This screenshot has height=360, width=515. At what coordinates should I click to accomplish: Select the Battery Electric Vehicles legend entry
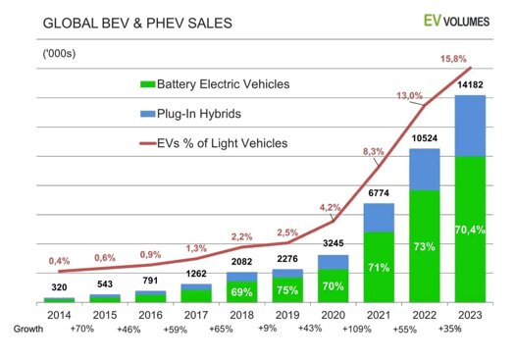[214, 84]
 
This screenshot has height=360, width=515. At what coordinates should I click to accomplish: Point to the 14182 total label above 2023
[470, 85]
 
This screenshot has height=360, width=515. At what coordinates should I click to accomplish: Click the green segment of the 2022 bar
[425, 245]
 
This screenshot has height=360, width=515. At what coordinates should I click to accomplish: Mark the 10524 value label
[425, 139]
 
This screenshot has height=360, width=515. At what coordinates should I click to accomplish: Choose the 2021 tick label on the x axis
[379, 315]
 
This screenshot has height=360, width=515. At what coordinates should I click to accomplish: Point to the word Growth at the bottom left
[26, 331]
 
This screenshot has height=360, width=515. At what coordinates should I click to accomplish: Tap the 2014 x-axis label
[59, 315]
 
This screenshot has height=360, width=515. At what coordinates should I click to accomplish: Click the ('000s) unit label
[59, 51]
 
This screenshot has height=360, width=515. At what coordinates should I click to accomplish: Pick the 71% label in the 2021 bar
[380, 265]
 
